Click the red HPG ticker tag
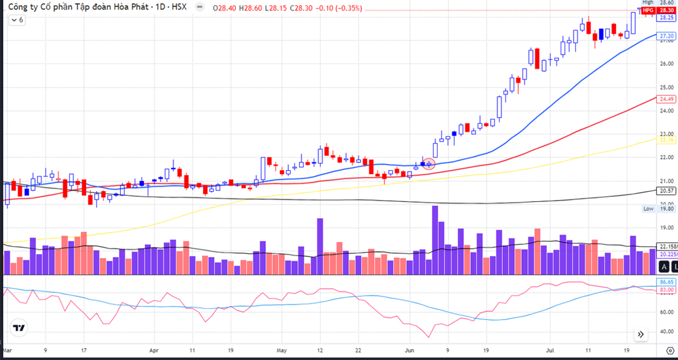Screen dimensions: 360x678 click(x=648, y=10)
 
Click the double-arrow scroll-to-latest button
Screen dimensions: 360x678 click(x=641, y=334)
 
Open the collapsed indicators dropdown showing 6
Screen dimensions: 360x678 click(x=17, y=20)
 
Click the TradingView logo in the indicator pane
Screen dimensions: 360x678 click(x=18, y=328)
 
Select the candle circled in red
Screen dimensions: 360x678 click(x=429, y=164)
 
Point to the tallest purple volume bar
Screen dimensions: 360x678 click(x=435, y=240)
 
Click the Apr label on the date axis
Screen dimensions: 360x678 click(x=154, y=350)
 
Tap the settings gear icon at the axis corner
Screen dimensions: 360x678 click(x=670, y=351)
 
